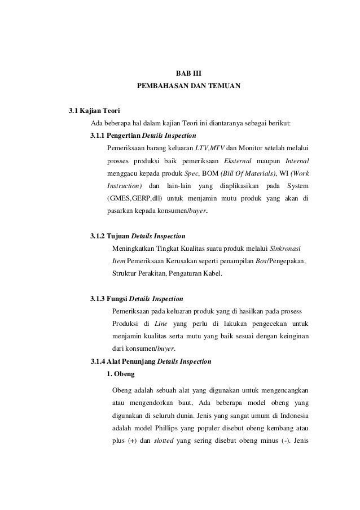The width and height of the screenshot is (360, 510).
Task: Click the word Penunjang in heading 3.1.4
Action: [x=137, y=361]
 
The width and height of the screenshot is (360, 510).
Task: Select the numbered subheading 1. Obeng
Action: [x=120, y=373]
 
